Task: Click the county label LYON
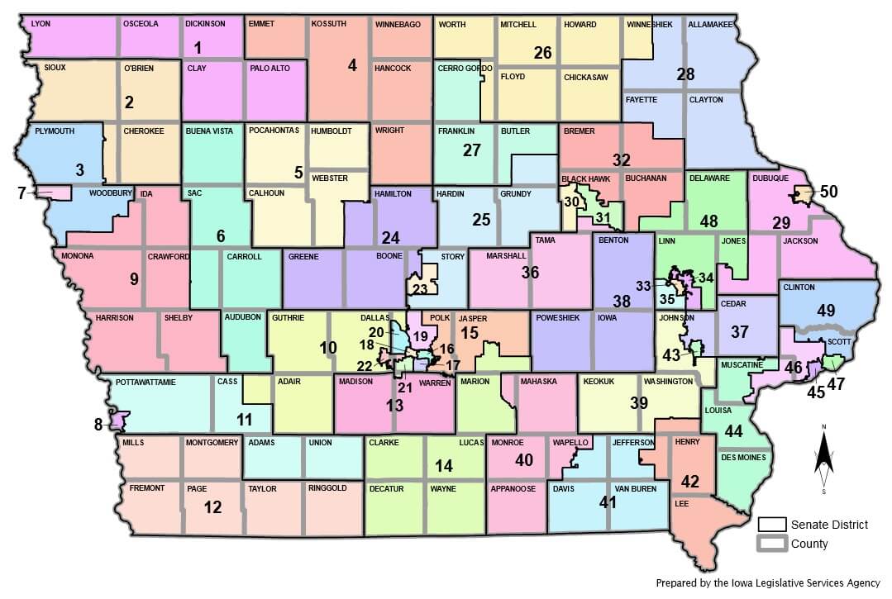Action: pyautogui.click(x=41, y=24)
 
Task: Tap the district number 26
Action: pyautogui.click(x=542, y=54)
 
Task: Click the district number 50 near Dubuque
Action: pyautogui.click(x=828, y=193)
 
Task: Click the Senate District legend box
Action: pyautogui.click(x=770, y=524)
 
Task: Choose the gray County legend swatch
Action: pyautogui.click(x=770, y=544)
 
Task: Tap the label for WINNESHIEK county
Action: pyautogui.click(x=650, y=24)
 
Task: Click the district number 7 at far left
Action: pyautogui.click(x=21, y=193)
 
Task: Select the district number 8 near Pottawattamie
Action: pyautogui.click(x=98, y=425)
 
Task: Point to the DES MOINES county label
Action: pyautogui.click(x=743, y=457)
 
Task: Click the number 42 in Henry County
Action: pyautogui.click(x=690, y=481)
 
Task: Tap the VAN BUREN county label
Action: pyautogui.click(x=634, y=488)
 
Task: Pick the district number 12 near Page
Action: pyautogui.click(x=212, y=507)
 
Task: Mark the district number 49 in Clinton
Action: pyautogui.click(x=827, y=310)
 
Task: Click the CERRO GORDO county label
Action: pyautogui.click(x=465, y=68)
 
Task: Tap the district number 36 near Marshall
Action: pyautogui.click(x=531, y=272)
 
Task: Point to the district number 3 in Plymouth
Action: pyautogui.click(x=79, y=170)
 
